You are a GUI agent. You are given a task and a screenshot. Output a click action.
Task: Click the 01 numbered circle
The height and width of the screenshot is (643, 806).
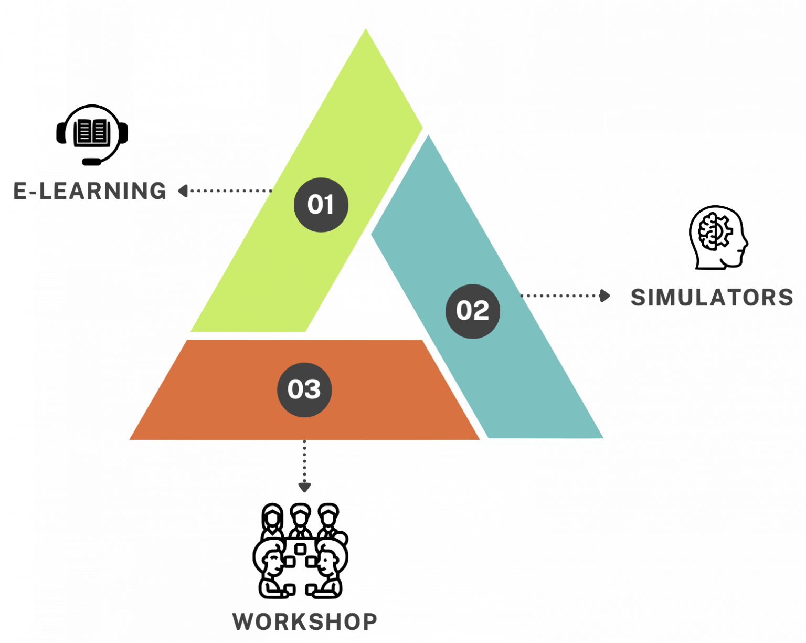click(x=321, y=205)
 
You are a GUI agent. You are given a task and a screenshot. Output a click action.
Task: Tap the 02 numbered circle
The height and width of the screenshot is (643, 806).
click(x=472, y=311)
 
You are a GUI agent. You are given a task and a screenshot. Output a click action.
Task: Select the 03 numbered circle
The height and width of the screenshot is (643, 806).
click(x=304, y=389)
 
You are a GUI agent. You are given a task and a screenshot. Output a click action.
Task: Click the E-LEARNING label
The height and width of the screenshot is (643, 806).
click(x=90, y=191)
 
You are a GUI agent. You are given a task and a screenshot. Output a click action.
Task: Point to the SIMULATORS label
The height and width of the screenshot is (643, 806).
click(x=712, y=298)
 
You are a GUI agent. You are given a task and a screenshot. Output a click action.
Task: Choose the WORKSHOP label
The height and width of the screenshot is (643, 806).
click(x=304, y=621)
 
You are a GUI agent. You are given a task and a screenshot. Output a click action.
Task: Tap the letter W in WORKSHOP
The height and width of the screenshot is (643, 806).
click(x=243, y=621)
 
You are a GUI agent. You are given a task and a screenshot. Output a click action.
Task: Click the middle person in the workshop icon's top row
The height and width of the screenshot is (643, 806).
click(x=300, y=517)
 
